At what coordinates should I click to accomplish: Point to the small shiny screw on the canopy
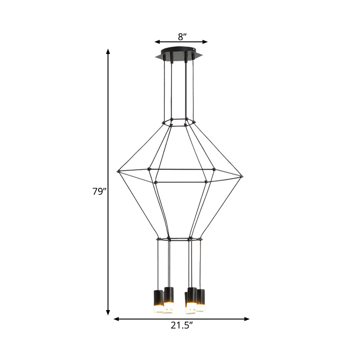click(194, 51)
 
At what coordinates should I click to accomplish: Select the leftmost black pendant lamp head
click(158, 297)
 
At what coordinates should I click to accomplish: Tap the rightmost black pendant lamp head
click(201, 297)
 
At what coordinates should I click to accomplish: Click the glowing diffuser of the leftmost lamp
click(158, 310)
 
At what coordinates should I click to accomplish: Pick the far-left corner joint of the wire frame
click(119, 171)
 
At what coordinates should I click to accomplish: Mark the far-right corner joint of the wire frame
click(242, 176)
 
